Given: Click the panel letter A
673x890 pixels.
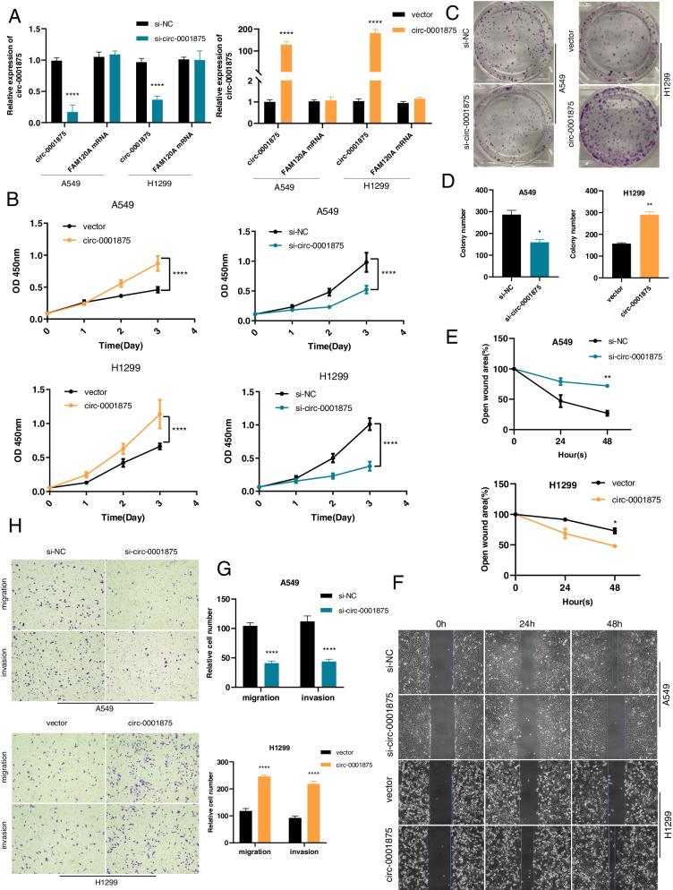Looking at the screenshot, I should [13, 13].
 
